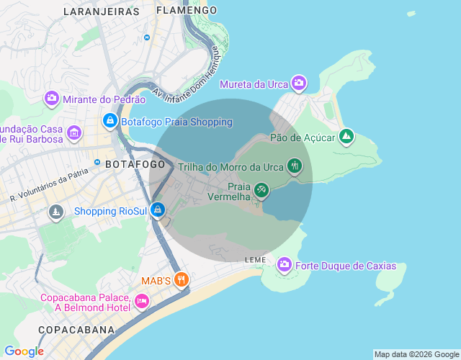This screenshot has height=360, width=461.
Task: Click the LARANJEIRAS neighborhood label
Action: (101, 12)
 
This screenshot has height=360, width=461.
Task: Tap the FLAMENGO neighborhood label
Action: (186, 11)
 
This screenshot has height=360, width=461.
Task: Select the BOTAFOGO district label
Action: (135, 165)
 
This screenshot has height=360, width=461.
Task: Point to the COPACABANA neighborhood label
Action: (76, 330)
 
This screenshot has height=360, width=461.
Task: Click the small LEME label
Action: (255, 259)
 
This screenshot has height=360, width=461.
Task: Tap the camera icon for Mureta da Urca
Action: (299, 83)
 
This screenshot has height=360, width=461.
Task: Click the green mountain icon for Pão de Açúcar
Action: (346, 136)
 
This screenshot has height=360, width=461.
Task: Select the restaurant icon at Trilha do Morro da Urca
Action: (294, 166)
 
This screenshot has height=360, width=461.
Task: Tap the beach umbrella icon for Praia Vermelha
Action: (261, 190)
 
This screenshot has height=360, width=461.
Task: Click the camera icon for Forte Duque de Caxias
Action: (285, 266)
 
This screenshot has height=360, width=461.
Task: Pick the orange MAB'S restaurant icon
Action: (182, 279)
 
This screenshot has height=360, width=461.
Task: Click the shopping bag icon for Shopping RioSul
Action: (158, 211)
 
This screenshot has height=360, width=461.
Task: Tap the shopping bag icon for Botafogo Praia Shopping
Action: (109, 122)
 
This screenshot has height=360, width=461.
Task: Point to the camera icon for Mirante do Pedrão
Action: (52, 98)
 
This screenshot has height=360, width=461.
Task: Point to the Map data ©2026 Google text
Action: (416, 354)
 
